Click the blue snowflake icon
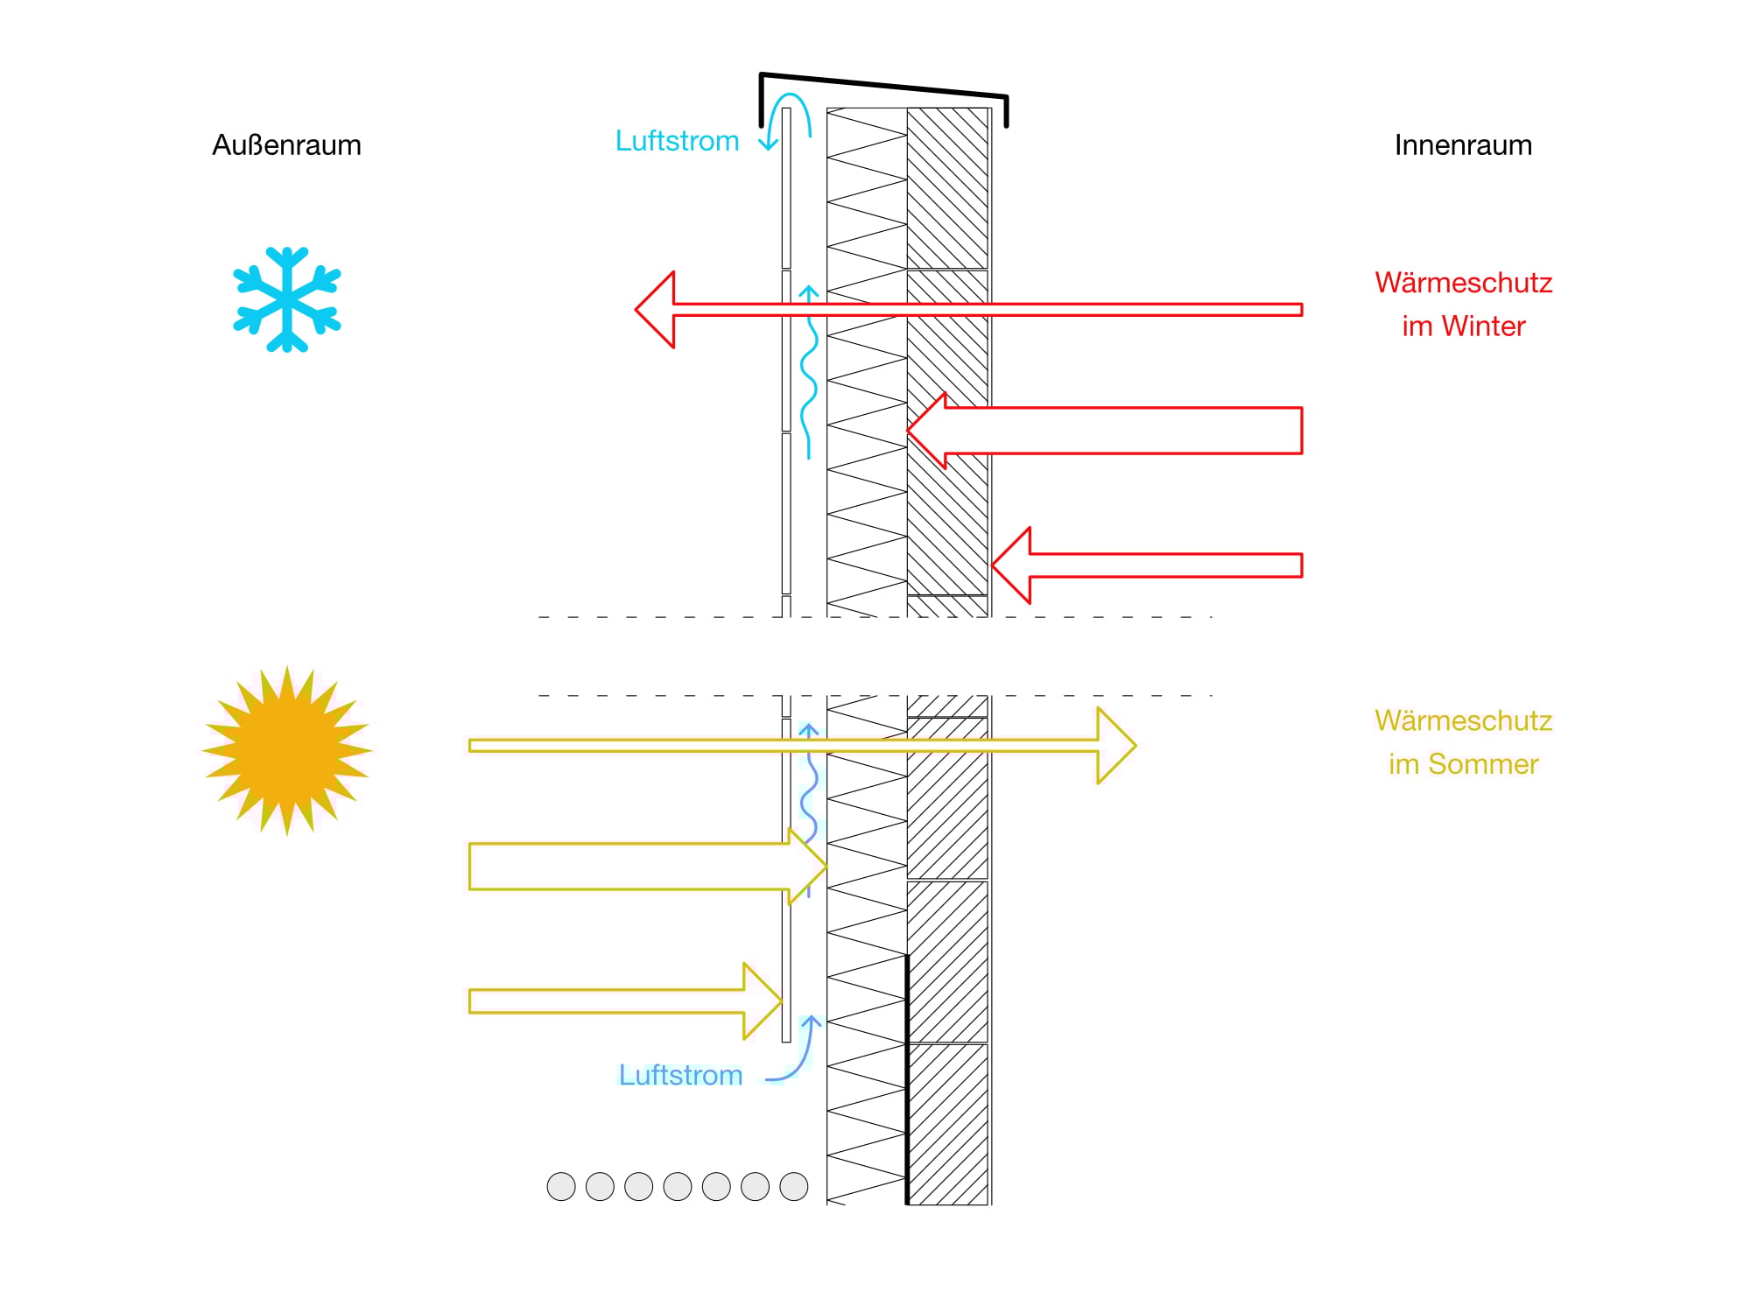(x=287, y=299)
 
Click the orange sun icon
(x=287, y=750)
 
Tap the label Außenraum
(x=286, y=145)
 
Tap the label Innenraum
(x=1463, y=145)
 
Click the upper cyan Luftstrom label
(x=677, y=141)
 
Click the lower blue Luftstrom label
(x=680, y=1075)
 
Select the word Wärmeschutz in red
(x=1463, y=283)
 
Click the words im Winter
(x=1463, y=326)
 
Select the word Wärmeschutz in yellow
(x=1463, y=720)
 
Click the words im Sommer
(x=1463, y=764)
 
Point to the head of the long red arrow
(x=657, y=310)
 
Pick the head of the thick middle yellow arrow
(x=806, y=867)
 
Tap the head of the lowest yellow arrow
(x=761, y=1001)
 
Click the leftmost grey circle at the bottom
(x=561, y=1187)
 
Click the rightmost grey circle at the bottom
(x=794, y=1187)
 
